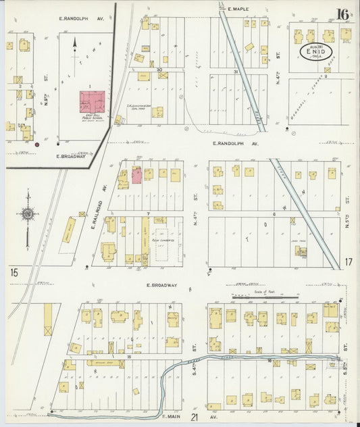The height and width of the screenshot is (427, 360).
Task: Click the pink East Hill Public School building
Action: point(93,102)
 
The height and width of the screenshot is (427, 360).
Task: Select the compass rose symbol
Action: point(28,215)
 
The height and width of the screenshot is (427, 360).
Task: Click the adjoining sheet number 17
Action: point(349,262)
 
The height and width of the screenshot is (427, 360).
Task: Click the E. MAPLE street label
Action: point(238,9)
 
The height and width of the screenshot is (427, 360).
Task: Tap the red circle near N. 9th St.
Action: point(37,144)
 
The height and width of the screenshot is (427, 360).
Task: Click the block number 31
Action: point(236,72)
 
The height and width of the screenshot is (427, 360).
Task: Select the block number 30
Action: point(159,70)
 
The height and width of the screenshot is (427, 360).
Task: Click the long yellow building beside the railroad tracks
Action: point(70,230)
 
